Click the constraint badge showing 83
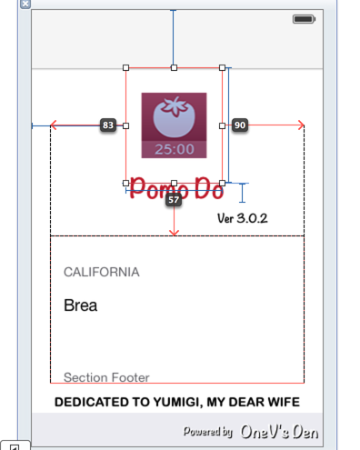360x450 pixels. pos(108,125)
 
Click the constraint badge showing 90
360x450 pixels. pos(240,125)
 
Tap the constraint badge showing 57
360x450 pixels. pos(174,199)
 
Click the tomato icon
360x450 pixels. pos(173,116)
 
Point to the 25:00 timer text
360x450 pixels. pos(173,149)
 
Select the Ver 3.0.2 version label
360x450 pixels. pos(243,218)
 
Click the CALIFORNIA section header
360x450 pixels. pos(102,272)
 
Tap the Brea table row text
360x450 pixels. pos(80,305)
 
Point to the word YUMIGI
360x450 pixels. pos(181,402)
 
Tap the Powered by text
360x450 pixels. pos(208,432)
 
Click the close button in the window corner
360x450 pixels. pos(25,4)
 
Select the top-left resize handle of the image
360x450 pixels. pos(125,67)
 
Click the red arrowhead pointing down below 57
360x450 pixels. pos(174,232)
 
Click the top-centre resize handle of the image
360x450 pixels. pos(174,67)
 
